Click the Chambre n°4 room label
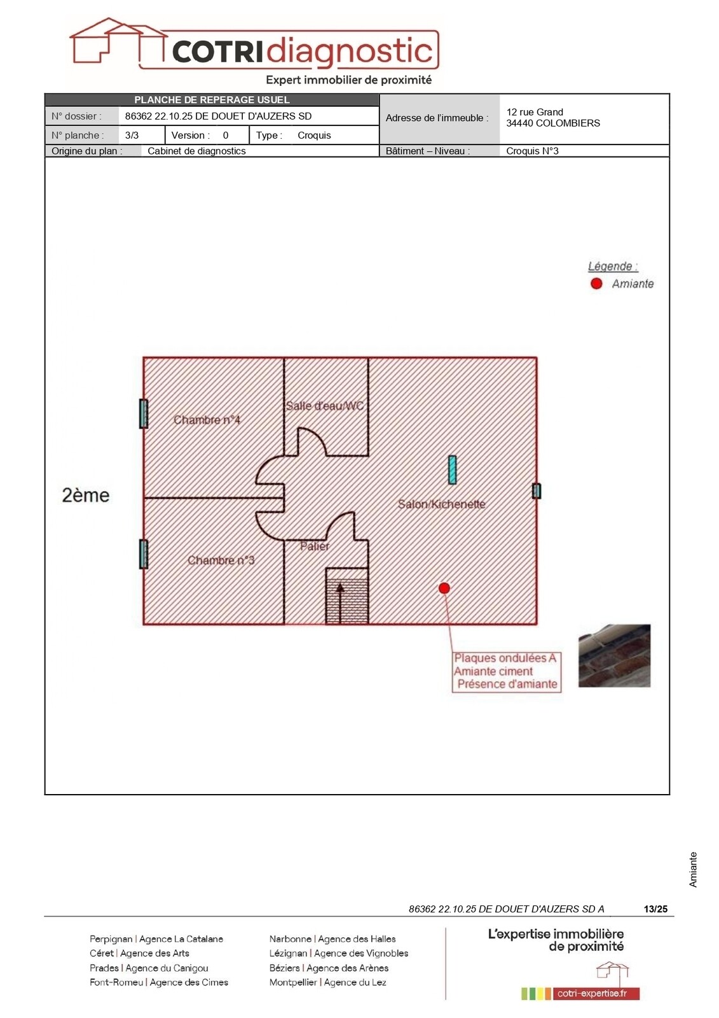[x=207, y=420]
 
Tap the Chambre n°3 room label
[x=221, y=561]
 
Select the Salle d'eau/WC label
[x=325, y=406]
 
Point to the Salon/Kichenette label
[x=441, y=504]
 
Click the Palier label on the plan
[x=314, y=546]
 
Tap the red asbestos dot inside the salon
[x=444, y=588]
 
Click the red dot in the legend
[x=596, y=284]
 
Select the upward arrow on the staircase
[x=340, y=604]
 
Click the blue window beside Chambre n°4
[x=144, y=414]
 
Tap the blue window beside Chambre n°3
[x=144, y=554]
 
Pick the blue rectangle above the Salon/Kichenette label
[x=452, y=470]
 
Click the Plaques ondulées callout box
[x=507, y=672]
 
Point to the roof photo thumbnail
[x=614, y=656]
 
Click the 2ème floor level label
[x=85, y=496]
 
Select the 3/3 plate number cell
[x=132, y=136]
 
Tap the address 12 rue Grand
[x=535, y=112]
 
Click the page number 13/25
[x=655, y=909]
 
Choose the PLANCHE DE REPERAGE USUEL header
[x=212, y=99]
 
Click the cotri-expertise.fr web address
[x=592, y=993]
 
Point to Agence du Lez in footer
[x=355, y=982]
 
